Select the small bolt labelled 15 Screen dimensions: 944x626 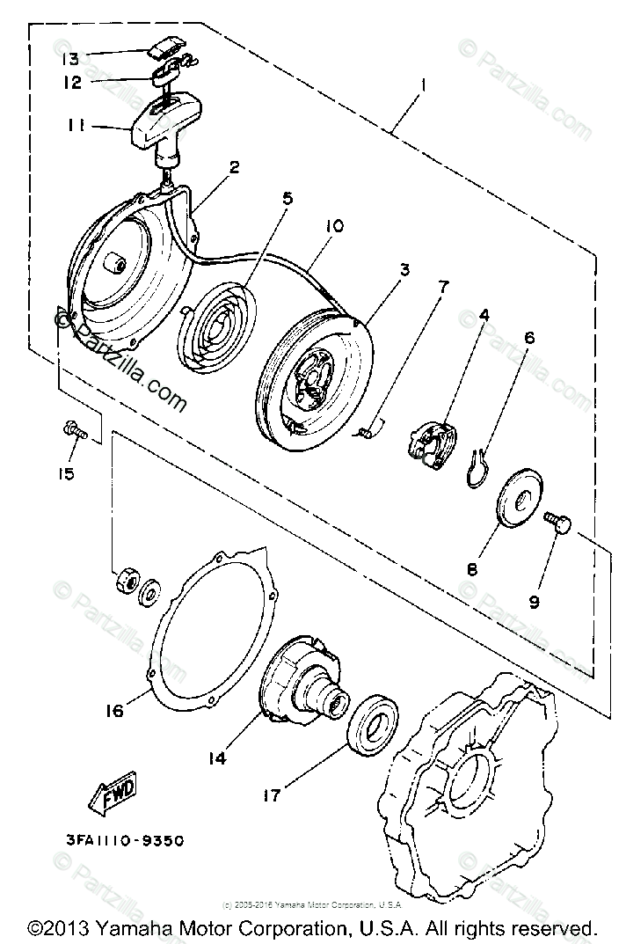(74, 431)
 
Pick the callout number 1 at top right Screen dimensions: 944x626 (424, 87)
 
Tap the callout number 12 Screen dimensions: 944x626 (72, 83)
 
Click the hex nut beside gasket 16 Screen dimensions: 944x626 (125, 581)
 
